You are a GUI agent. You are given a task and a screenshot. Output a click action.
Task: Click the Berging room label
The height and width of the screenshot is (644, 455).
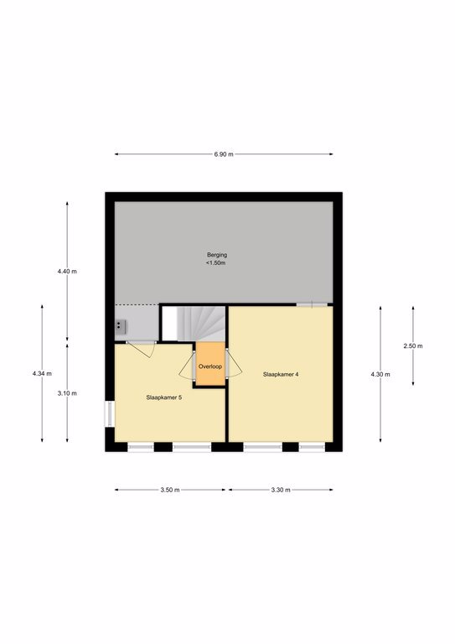click(x=217, y=255)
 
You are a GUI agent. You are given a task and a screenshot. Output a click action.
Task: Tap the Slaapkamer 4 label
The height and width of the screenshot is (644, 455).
click(x=281, y=374)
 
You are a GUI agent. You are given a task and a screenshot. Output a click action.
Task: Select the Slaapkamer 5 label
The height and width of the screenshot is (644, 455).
click(x=163, y=397)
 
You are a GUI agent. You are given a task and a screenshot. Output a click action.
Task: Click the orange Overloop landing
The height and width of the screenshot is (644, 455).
click(x=210, y=364)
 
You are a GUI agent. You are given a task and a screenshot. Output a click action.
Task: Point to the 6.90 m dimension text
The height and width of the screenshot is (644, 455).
click(x=224, y=154)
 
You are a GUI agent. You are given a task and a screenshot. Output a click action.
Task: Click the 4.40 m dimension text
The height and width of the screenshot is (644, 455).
click(x=67, y=272)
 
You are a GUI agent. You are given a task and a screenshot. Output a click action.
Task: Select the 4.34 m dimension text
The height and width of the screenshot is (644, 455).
click(x=42, y=374)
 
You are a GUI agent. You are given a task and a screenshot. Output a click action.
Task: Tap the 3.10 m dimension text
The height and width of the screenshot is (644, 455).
click(x=67, y=393)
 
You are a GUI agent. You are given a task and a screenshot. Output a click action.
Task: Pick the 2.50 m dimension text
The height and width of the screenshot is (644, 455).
click(x=413, y=345)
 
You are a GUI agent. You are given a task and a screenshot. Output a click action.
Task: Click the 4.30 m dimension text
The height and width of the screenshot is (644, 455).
click(x=380, y=374)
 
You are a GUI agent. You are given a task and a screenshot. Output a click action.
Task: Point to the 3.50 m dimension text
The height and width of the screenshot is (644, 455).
click(x=170, y=490)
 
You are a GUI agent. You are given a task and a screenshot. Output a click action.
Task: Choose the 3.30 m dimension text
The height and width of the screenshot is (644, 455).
click(x=281, y=490)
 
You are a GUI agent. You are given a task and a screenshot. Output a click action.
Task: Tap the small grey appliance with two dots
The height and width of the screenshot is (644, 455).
click(x=120, y=326)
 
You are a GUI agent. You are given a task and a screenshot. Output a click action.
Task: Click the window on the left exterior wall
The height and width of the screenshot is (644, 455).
click(x=110, y=413)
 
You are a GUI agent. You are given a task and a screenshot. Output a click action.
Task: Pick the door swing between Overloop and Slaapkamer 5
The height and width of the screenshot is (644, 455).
click(x=187, y=365)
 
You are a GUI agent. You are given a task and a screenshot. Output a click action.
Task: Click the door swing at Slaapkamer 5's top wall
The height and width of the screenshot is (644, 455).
click(x=142, y=349)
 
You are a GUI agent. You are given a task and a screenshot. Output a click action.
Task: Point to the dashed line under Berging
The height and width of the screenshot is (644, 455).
click(x=137, y=304)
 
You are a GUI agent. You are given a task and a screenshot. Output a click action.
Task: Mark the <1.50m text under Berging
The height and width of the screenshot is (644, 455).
click(x=216, y=262)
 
